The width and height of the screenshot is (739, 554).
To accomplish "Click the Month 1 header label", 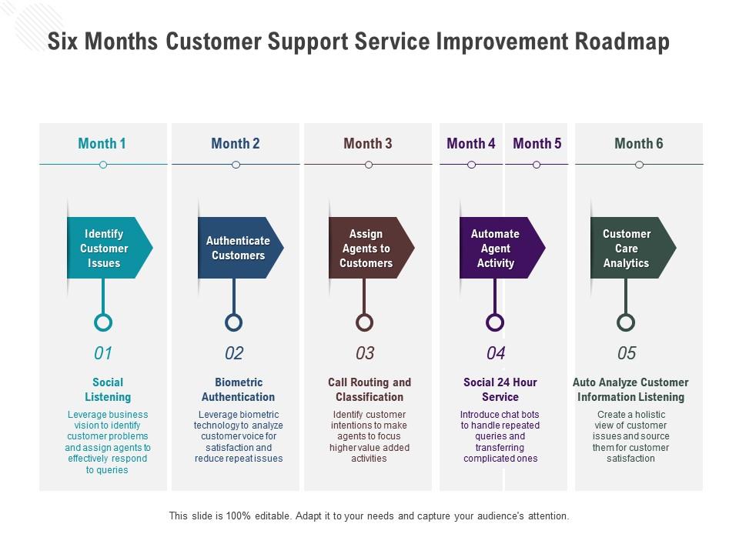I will coord(102,143).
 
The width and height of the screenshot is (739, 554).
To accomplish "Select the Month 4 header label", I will coord(471,143).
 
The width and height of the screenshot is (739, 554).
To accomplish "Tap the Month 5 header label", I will coord(537,143).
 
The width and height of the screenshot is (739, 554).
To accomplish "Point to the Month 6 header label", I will coord(638,143).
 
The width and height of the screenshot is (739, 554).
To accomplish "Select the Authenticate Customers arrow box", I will coord(238,248).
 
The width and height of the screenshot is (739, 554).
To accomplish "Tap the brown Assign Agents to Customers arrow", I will coord(367,248).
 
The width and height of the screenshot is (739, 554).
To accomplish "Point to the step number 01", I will coord(103,353).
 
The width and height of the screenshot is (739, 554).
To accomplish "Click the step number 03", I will coord(365,353).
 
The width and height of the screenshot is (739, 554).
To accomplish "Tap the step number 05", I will coord(627,353).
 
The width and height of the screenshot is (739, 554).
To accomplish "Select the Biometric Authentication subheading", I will coord(238,389).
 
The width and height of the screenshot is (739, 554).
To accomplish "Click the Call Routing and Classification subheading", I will coord(369,389).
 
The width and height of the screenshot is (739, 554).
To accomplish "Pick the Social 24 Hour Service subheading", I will coord(500,389).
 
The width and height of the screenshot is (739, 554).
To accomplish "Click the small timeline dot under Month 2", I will coord(236,165).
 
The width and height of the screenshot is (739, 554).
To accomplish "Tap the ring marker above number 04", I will coord(496,322).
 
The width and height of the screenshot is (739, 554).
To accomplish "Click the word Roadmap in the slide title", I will coord(622,41).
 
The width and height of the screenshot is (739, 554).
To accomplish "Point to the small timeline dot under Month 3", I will coord(369,165).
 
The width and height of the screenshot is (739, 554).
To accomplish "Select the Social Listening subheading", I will coord(108,389).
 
